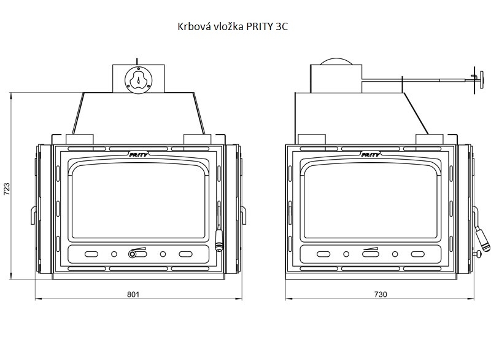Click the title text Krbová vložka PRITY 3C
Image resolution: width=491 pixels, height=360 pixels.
[233, 26]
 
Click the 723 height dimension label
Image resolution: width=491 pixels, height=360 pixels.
[7, 189]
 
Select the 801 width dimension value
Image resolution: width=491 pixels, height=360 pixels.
[133, 294]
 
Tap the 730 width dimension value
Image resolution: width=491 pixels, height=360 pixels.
[381, 294]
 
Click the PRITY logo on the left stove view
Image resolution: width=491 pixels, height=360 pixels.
[139, 154]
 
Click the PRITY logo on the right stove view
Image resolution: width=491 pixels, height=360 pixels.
[371, 154]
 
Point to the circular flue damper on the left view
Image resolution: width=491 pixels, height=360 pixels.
[139, 80]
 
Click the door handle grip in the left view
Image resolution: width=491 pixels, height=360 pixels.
[218, 241]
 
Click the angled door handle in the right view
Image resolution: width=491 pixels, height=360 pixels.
[482, 239]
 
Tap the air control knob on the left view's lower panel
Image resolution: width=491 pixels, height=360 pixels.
[132, 254]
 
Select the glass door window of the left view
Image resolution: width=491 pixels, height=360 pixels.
[139, 201]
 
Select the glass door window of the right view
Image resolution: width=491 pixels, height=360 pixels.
[371, 201]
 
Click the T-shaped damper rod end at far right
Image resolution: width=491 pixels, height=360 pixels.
[474, 80]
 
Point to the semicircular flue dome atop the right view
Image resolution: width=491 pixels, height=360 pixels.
[336, 61]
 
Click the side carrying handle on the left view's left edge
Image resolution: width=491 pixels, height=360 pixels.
[33, 215]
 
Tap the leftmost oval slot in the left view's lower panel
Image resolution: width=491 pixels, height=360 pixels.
[91, 254]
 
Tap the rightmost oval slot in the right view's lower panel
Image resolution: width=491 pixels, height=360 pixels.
[418, 254]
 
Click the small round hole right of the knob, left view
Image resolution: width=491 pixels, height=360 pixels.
[163, 254]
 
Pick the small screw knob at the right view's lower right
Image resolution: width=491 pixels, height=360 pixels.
[477, 255]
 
